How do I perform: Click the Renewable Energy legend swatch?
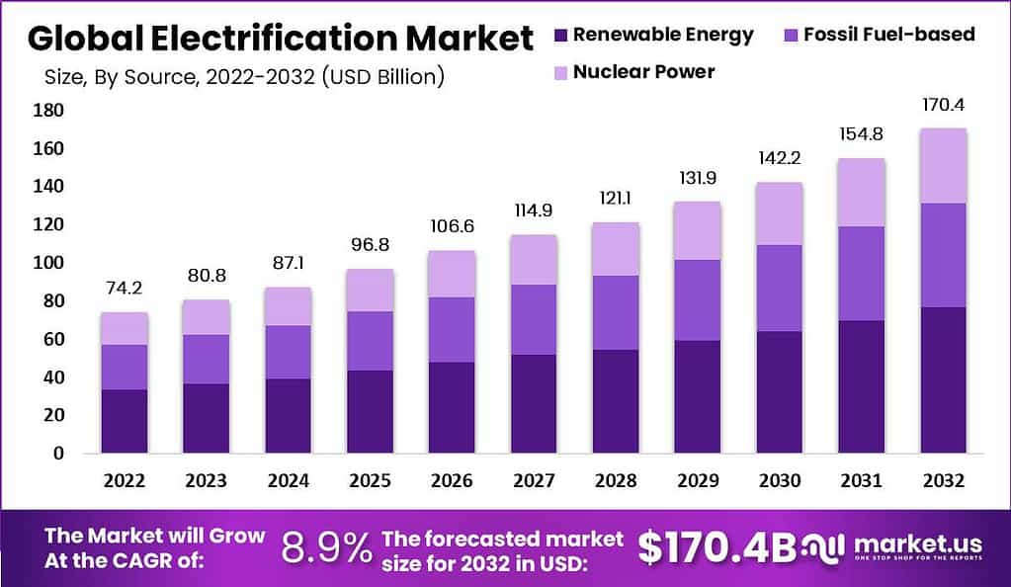pyautogui.click(x=560, y=36)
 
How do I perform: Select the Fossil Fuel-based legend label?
pyautogui.click(x=888, y=35)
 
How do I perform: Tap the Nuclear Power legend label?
pyautogui.click(x=643, y=71)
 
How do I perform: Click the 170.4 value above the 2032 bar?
pyautogui.click(x=942, y=105)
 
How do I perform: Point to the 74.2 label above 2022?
pyautogui.click(x=124, y=289)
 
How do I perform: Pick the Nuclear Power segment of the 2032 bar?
pyautogui.click(x=942, y=166)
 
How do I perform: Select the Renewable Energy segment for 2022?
pyautogui.click(x=124, y=421)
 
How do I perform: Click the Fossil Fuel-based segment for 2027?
pyautogui.click(x=534, y=319)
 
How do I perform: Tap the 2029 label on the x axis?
pyautogui.click(x=698, y=480)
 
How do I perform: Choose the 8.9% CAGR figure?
pyautogui.click(x=327, y=546)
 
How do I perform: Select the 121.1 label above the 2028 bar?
pyautogui.click(x=616, y=199)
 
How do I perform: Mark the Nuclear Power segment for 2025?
pyautogui.click(x=370, y=290)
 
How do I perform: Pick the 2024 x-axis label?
pyautogui.click(x=288, y=480)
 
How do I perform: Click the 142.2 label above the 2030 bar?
pyautogui.click(x=780, y=158)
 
